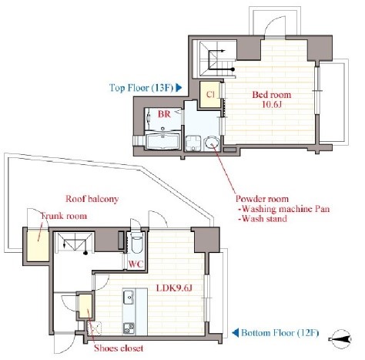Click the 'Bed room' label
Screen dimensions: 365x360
272,95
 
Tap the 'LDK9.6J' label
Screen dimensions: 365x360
174,288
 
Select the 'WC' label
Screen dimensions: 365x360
136,264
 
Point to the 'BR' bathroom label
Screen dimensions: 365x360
164,114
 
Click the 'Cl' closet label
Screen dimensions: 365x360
210,94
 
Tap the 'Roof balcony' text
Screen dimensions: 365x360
92,199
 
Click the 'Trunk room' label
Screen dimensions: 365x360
64,216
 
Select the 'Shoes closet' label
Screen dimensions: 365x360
119,348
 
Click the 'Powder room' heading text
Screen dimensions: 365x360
262,199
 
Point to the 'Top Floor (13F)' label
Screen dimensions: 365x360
142,88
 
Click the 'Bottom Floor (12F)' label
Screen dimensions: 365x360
280,333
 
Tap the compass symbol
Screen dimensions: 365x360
340,339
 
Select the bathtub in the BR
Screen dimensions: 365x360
162,141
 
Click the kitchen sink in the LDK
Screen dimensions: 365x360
129,298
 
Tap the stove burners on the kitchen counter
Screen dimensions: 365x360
129,328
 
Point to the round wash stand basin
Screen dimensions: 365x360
212,143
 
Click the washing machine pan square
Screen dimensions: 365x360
193,143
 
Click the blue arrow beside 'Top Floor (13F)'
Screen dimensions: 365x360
179,88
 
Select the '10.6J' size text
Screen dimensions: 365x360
272,105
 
